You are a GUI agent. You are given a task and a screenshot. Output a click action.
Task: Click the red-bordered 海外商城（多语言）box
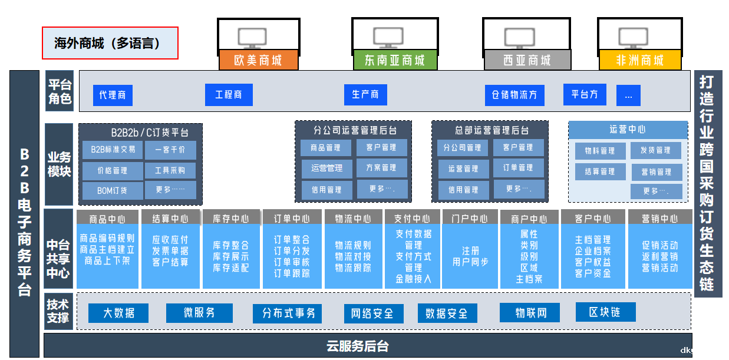point(110,43)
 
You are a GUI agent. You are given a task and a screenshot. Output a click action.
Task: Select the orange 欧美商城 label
point(258,61)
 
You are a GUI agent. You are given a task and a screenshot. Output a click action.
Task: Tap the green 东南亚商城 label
point(394,61)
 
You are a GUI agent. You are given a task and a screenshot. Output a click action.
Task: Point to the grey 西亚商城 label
point(527,61)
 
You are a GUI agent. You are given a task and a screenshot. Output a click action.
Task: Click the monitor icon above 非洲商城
point(634,38)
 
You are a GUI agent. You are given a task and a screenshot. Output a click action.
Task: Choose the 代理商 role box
point(113,95)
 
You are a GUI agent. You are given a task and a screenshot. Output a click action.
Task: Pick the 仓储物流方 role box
point(514,95)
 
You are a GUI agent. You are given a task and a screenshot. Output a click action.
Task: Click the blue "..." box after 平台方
point(628,95)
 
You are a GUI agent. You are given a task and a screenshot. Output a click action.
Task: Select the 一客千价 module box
point(170,150)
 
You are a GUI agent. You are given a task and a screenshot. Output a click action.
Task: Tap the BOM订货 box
point(112,190)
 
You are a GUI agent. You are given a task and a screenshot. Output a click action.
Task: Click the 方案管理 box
point(381,168)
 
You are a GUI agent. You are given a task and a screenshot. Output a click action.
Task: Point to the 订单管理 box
point(518,168)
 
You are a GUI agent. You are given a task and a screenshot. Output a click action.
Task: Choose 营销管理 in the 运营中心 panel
point(656,172)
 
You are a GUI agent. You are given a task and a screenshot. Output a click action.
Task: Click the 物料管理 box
point(600,151)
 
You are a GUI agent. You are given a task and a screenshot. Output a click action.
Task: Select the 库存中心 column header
point(231,219)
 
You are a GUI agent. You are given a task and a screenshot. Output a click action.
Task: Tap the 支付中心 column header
point(412,219)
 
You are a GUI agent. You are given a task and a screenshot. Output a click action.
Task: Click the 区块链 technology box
point(605,312)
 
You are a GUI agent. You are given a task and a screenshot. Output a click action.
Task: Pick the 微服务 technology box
point(199,313)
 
